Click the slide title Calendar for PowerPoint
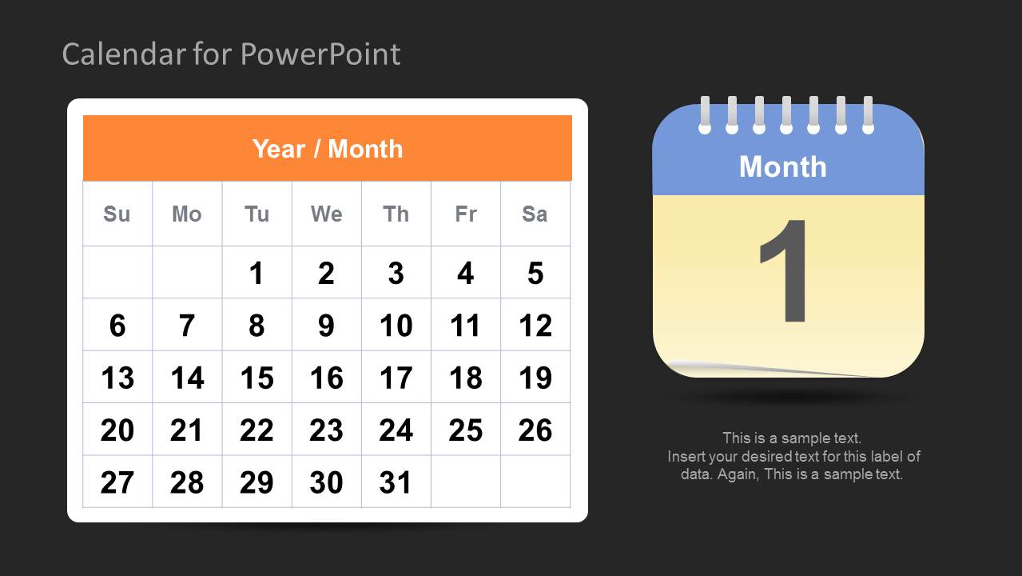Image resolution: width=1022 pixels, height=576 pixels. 231,54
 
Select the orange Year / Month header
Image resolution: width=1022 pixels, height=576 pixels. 327,149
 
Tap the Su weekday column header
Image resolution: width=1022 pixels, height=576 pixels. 117,214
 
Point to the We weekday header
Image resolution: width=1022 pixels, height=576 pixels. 326,214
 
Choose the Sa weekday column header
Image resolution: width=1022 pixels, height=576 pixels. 535,214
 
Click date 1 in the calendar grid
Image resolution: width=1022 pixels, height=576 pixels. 256,274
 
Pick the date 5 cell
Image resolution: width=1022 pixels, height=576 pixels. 535,274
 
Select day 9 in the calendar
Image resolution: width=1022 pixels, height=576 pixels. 326,326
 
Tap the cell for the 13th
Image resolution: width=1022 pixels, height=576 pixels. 117,378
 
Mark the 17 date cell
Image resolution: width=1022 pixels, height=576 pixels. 396,378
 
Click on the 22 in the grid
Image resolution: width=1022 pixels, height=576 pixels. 256,430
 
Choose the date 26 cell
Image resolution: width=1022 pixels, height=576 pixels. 535,430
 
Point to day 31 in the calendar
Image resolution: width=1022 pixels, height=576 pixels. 396,482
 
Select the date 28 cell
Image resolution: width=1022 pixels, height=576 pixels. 187,482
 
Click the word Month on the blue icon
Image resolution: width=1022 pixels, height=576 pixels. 782,166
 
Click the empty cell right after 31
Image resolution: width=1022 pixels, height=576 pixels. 465,482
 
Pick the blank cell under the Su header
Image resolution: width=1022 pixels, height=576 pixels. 117,274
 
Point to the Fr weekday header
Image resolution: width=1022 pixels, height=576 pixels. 465,214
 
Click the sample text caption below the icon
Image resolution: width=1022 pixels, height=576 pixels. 793,456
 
